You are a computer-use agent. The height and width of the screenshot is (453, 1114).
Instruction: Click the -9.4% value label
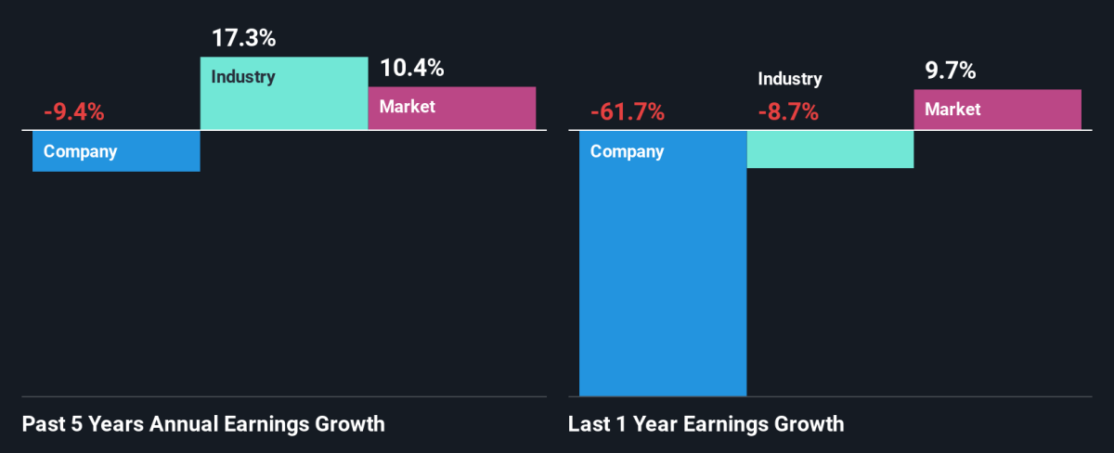coord(73,113)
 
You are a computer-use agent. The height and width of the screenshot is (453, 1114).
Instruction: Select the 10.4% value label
coord(411,68)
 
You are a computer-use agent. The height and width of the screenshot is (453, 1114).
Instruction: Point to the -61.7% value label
coord(628,113)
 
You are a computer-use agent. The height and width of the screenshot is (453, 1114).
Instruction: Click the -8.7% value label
coord(787,113)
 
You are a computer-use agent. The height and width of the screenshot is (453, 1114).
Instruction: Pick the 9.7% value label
coord(950,71)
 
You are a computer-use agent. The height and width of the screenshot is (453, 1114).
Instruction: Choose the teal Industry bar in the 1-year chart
coord(830,149)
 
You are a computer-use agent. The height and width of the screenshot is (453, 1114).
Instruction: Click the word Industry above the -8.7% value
coord(790,79)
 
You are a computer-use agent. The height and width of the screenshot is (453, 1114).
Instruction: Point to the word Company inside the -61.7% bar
coord(628,151)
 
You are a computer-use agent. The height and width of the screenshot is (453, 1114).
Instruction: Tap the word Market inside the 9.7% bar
coord(952,110)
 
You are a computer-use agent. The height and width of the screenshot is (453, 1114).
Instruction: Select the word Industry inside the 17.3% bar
coord(243,76)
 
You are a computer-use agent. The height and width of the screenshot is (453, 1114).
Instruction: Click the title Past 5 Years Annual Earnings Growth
coord(203,425)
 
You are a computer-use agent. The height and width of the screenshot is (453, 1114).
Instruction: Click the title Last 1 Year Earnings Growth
coord(706,425)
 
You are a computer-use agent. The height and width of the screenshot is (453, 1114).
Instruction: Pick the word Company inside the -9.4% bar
coord(81,151)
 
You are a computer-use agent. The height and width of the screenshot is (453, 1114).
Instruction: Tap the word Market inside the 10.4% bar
coord(408,107)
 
